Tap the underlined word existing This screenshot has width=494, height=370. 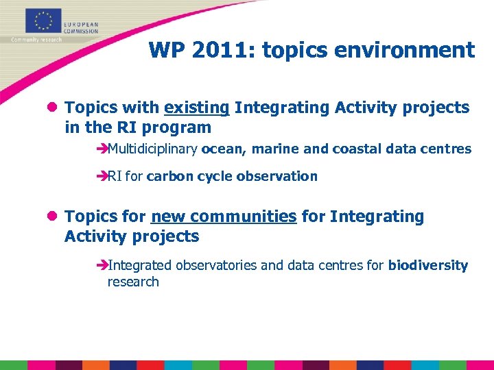point(196,108)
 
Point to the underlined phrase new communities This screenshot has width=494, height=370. point(224,217)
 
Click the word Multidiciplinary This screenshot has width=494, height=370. point(152,149)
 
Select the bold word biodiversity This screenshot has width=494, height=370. point(427,265)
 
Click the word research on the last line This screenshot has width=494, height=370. point(133,282)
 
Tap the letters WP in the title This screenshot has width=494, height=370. point(163,50)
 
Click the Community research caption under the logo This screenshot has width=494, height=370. point(36,40)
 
